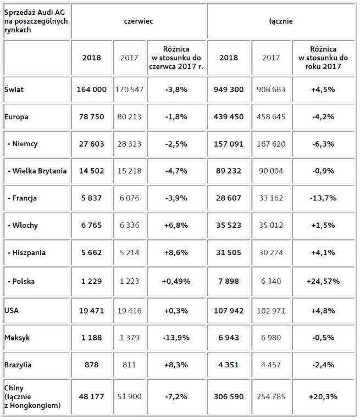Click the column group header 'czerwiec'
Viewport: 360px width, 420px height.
138,21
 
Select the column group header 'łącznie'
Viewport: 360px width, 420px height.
281,21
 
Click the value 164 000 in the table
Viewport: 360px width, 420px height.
92,89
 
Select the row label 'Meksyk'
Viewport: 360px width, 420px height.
16,338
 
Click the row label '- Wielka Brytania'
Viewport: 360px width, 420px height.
37,171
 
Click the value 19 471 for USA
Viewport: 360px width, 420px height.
92,310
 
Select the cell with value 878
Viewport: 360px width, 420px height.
92,365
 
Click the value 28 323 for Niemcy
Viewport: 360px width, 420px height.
130,143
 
